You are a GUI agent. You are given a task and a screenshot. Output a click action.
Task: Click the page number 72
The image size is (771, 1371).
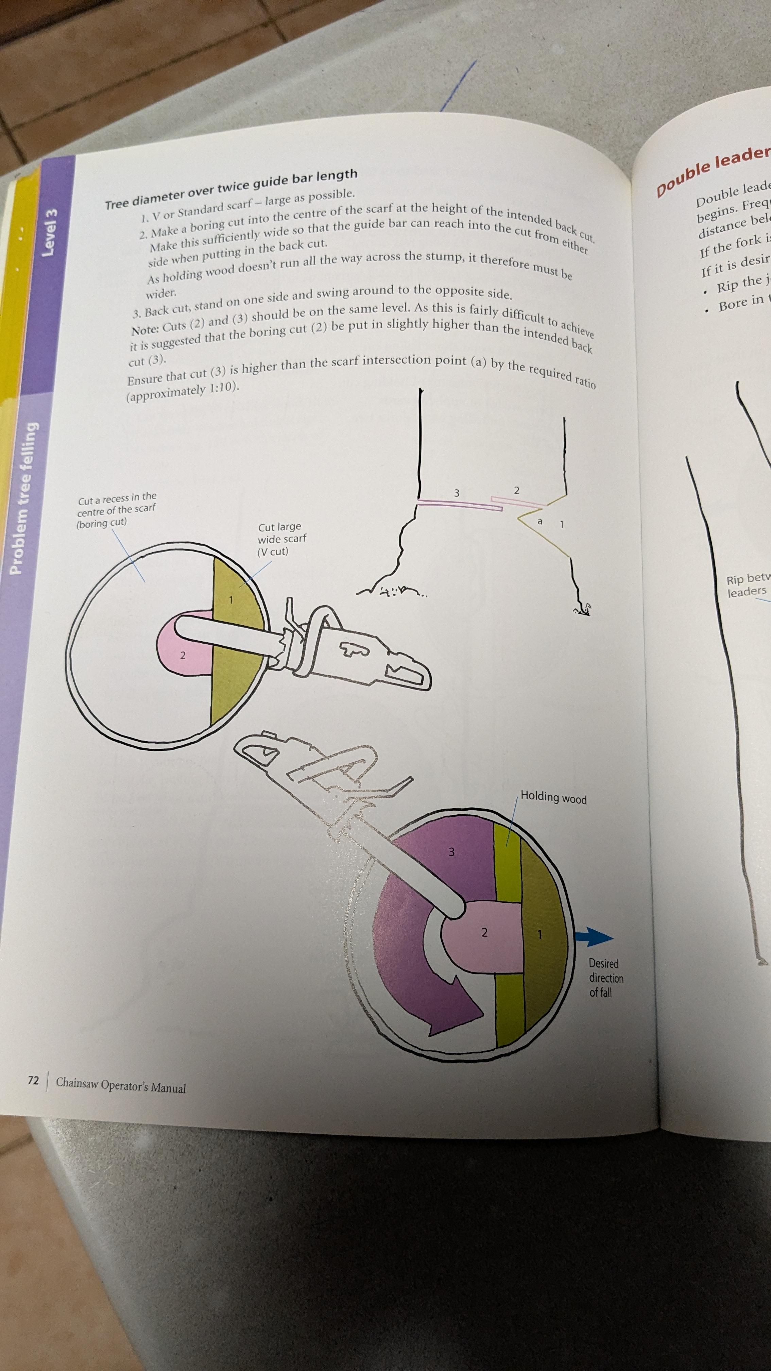click(x=33, y=1080)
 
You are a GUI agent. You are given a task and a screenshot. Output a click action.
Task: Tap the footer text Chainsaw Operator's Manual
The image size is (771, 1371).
click(x=121, y=1084)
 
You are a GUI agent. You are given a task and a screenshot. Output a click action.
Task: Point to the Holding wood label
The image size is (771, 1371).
click(x=553, y=797)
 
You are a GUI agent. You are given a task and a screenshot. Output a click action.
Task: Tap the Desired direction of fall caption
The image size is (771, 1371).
click(x=605, y=978)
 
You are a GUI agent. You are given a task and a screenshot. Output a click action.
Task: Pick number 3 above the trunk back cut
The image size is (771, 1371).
click(x=456, y=493)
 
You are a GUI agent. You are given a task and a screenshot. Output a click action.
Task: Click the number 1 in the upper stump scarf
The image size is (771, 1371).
click(x=230, y=600)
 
